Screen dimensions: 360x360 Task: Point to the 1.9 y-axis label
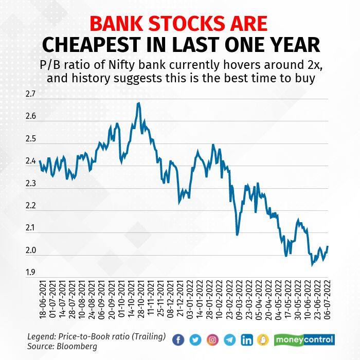point(30,273)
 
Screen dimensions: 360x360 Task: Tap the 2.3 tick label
point(30,184)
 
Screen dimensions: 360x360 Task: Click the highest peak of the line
point(138,103)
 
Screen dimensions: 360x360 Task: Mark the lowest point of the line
point(312,265)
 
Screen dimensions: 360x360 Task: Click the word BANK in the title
point(118,25)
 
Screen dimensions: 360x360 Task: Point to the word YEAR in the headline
point(293,45)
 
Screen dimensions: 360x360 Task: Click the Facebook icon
point(179,339)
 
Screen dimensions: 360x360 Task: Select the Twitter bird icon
point(196,339)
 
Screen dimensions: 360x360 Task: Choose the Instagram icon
point(213,339)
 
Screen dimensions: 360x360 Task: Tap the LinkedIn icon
point(247,339)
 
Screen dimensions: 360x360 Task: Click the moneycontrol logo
point(304,339)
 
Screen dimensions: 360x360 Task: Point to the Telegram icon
point(230,339)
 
